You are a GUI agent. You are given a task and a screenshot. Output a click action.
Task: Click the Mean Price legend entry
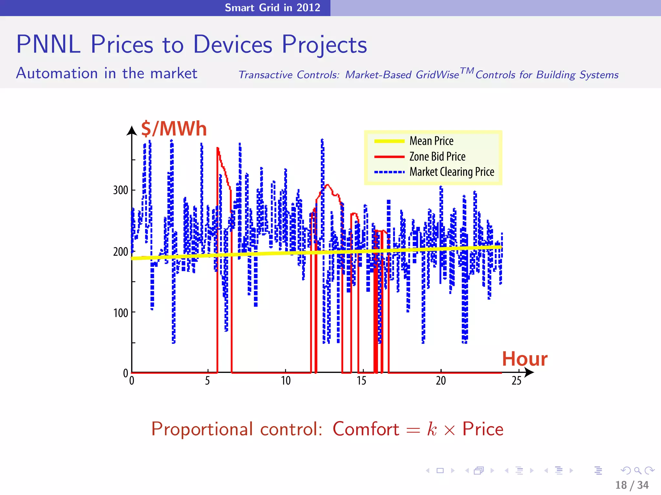[431, 141]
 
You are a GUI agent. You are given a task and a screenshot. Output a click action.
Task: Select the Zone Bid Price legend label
[437, 157]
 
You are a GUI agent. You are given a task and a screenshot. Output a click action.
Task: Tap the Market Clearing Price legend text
[452, 172]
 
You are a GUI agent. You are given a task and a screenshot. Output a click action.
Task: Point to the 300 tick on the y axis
[121, 190]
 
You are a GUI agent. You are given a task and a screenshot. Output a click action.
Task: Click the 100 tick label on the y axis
[121, 313]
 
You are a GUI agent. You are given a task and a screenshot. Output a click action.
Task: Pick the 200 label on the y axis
[121, 251]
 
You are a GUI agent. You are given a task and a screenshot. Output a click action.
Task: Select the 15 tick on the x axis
[361, 381]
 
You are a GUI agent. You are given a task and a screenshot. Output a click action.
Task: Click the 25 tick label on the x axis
[516, 381]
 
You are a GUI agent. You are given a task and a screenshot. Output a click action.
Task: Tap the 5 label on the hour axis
[208, 381]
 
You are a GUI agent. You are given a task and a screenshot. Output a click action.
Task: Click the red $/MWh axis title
[174, 129]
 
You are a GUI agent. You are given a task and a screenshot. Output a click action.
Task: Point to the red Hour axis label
[524, 359]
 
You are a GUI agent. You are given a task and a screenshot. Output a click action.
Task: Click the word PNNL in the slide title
[48, 44]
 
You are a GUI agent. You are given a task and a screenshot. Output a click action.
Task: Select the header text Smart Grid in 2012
[272, 7]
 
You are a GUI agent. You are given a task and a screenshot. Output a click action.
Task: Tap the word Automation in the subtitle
[57, 73]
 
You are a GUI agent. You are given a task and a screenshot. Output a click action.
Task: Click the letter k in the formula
[432, 429]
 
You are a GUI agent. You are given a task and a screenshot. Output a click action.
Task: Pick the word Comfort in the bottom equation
[366, 429]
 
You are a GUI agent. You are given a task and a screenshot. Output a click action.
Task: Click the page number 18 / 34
[632, 485]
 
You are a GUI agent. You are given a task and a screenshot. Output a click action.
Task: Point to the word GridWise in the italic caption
[437, 75]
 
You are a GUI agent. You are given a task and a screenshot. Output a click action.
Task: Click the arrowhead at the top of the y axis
[132, 130]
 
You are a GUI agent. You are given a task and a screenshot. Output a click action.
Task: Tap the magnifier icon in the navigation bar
[637, 471]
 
